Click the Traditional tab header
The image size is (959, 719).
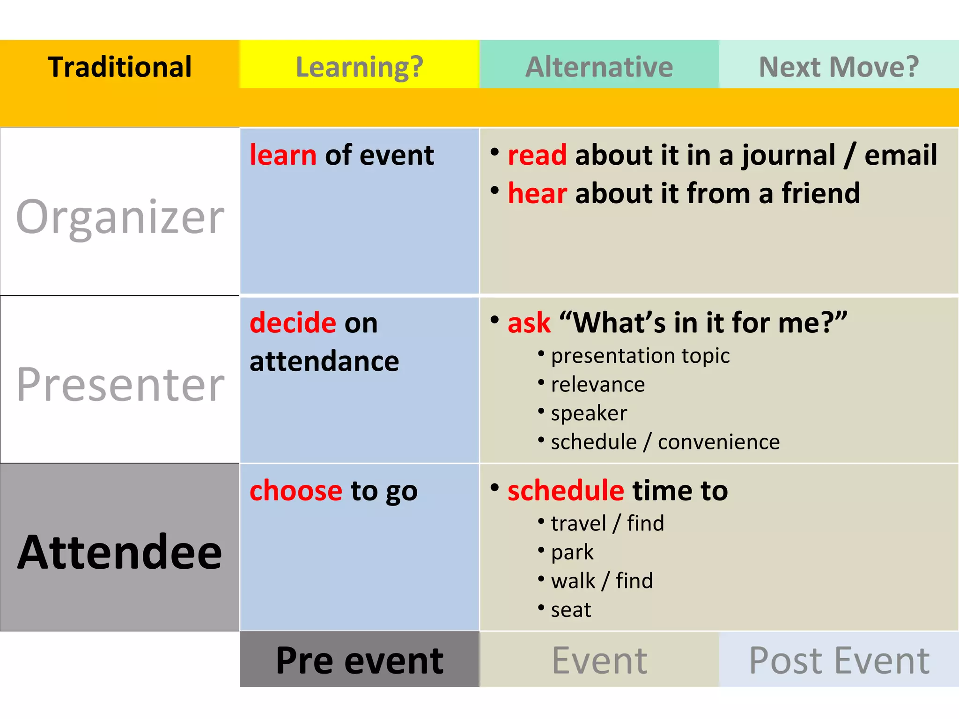click(x=120, y=66)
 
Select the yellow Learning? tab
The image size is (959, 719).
click(x=359, y=66)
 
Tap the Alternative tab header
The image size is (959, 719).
click(x=599, y=66)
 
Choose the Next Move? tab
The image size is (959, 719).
click(x=839, y=66)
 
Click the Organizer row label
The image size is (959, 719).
click(x=120, y=216)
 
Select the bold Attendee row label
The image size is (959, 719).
click(x=120, y=552)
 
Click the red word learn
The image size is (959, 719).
click(x=283, y=155)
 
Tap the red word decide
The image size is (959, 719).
click(x=293, y=323)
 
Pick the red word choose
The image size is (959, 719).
click(x=296, y=491)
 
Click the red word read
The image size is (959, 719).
click(x=537, y=155)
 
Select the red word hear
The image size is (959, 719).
click(x=537, y=193)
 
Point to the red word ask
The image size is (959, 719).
click(x=529, y=323)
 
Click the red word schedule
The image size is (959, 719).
click(x=566, y=491)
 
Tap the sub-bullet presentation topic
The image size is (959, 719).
click(x=640, y=356)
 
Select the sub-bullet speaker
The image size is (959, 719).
click(x=589, y=413)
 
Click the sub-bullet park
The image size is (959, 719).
click(x=572, y=552)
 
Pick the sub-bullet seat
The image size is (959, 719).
click(x=571, y=610)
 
